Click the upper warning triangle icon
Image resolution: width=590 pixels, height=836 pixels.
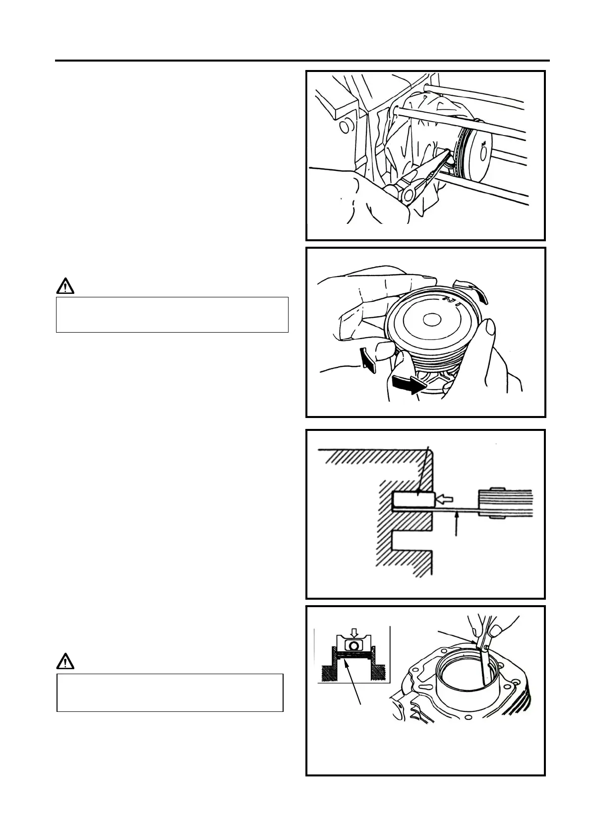click(x=65, y=286)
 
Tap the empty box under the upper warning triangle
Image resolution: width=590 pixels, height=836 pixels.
click(x=172, y=315)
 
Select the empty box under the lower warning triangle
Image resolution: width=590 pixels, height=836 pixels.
click(x=170, y=693)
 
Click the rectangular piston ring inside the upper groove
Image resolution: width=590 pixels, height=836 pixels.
click(x=413, y=499)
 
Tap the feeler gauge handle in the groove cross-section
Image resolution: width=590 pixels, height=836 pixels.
click(x=505, y=504)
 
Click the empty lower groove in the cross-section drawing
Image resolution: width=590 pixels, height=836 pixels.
click(x=411, y=543)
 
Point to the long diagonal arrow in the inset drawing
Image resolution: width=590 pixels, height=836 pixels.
click(x=347, y=680)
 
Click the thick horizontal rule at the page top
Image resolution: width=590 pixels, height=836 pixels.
click(x=302, y=61)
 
